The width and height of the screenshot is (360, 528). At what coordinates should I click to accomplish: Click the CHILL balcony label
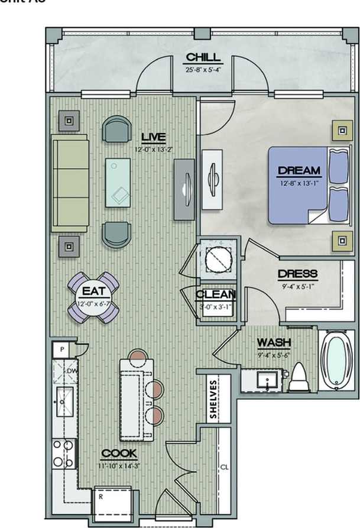(x=203, y=57)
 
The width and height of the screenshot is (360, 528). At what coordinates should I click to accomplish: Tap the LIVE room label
(x=153, y=137)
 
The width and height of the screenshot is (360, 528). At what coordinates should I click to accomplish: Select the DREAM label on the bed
(x=299, y=171)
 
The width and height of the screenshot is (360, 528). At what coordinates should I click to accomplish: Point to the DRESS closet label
(x=297, y=274)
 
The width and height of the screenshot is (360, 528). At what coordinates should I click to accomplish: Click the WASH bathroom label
(x=273, y=343)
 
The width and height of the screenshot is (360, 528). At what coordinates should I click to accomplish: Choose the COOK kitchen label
(x=119, y=454)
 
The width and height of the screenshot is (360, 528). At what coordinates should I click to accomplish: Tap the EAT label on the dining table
(x=94, y=291)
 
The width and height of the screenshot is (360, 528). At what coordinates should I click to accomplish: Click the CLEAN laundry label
(x=216, y=294)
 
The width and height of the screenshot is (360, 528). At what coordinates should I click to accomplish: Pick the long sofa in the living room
(x=70, y=183)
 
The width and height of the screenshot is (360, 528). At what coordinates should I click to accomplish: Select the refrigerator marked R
(x=114, y=499)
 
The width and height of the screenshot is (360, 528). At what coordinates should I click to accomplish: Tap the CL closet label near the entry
(x=224, y=467)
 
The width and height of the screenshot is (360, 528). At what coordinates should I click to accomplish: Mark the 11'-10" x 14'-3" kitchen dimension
(x=119, y=465)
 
